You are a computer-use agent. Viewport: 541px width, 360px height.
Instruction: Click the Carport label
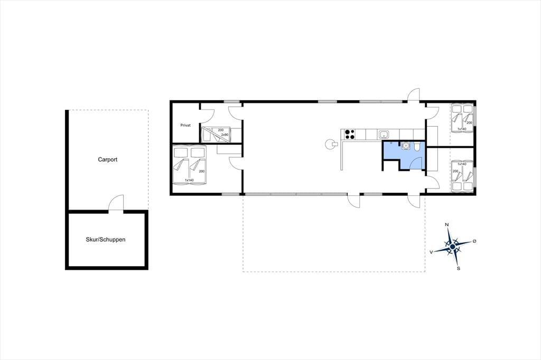click(x=108, y=159)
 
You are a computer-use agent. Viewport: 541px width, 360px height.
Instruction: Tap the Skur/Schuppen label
click(x=106, y=239)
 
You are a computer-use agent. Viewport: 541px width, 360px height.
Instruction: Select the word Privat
click(x=185, y=125)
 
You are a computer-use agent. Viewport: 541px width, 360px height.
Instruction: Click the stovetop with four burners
click(x=350, y=134)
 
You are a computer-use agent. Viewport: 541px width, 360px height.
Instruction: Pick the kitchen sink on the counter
click(x=384, y=134)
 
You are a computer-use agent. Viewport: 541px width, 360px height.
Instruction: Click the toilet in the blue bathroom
click(x=417, y=147)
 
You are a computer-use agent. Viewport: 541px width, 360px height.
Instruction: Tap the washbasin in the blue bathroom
click(x=406, y=146)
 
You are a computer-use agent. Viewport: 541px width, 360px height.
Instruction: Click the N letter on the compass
click(x=447, y=225)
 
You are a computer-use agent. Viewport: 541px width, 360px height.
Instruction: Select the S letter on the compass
click(x=459, y=268)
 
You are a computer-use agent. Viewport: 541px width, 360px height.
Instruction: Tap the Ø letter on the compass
click(x=474, y=241)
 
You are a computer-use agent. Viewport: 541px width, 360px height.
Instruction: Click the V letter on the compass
click(x=431, y=252)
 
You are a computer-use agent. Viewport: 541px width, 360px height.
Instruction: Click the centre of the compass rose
click(x=453, y=246)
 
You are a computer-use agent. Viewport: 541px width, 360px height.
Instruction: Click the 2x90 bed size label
click(x=225, y=135)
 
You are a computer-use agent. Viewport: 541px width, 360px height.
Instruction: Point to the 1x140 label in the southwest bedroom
click(x=189, y=181)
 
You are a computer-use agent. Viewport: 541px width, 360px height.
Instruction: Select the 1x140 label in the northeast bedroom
click(x=462, y=129)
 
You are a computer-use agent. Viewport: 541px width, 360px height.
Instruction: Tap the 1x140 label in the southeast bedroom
click(x=462, y=164)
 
